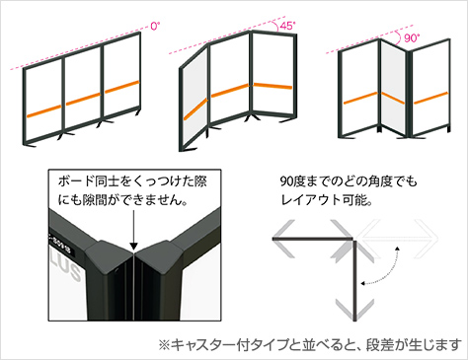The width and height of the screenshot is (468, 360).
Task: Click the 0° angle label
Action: point(155,26)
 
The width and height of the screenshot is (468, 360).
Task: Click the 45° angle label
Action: point(287,26)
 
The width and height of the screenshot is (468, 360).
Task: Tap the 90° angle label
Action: point(411,38)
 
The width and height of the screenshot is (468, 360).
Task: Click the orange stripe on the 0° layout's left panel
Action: point(44,110)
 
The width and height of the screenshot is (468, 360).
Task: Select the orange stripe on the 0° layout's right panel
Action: point(121,87)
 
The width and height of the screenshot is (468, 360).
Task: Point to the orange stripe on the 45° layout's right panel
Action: point(273,86)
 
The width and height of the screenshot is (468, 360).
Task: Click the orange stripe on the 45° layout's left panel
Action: point(195,108)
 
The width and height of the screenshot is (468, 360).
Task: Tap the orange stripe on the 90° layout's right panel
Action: point(430,98)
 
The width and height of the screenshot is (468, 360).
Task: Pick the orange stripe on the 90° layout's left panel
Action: point(360,98)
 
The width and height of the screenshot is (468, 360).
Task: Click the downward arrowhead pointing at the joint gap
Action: point(133,246)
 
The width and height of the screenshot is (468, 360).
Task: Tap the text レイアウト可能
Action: point(327,199)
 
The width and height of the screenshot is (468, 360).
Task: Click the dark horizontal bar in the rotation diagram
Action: point(313,238)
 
